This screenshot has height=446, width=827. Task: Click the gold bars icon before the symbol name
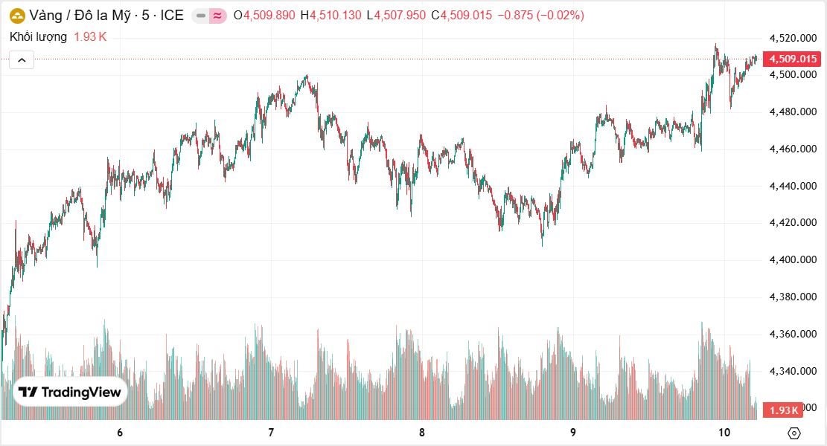tap(16, 16)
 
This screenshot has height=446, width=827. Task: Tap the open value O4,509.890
tap(264, 16)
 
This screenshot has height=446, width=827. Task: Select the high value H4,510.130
tap(331, 16)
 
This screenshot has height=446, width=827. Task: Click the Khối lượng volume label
tap(38, 36)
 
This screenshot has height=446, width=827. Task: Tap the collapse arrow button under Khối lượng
tap(22, 60)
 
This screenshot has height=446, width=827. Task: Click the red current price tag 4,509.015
tap(793, 59)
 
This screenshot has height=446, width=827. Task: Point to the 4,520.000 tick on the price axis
tap(793, 38)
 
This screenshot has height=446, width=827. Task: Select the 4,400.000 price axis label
tap(793, 259)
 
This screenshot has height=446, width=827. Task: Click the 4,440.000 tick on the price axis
tap(793, 186)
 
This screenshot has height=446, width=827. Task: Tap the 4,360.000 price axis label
tap(793, 334)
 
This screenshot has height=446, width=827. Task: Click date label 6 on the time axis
tap(120, 433)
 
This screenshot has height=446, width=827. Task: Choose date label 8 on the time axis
tap(422, 433)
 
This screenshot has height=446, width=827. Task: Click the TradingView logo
tap(71, 392)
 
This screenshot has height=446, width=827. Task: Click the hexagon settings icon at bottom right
tap(794, 433)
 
